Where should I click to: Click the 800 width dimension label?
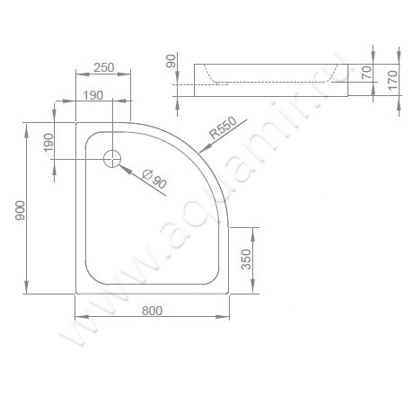[152, 311]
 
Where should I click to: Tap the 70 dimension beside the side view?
[365, 73]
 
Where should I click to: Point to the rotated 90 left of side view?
[171, 64]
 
